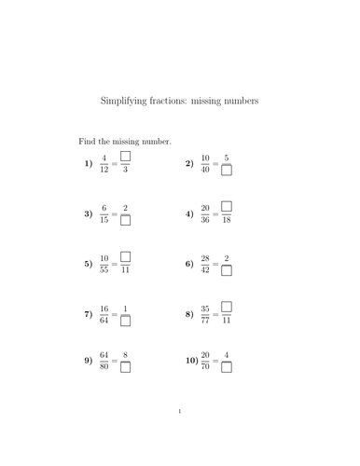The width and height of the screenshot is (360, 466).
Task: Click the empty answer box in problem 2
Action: [x=227, y=171]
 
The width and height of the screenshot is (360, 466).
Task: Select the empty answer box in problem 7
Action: [x=125, y=322]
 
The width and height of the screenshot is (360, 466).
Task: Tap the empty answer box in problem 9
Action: [x=125, y=366]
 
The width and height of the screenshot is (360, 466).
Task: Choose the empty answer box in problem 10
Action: [x=227, y=366]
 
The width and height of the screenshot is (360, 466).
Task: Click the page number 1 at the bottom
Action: [x=179, y=435]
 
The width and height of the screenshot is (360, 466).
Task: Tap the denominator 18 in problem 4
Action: [x=227, y=221]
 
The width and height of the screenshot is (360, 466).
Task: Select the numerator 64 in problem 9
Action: [x=104, y=354]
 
